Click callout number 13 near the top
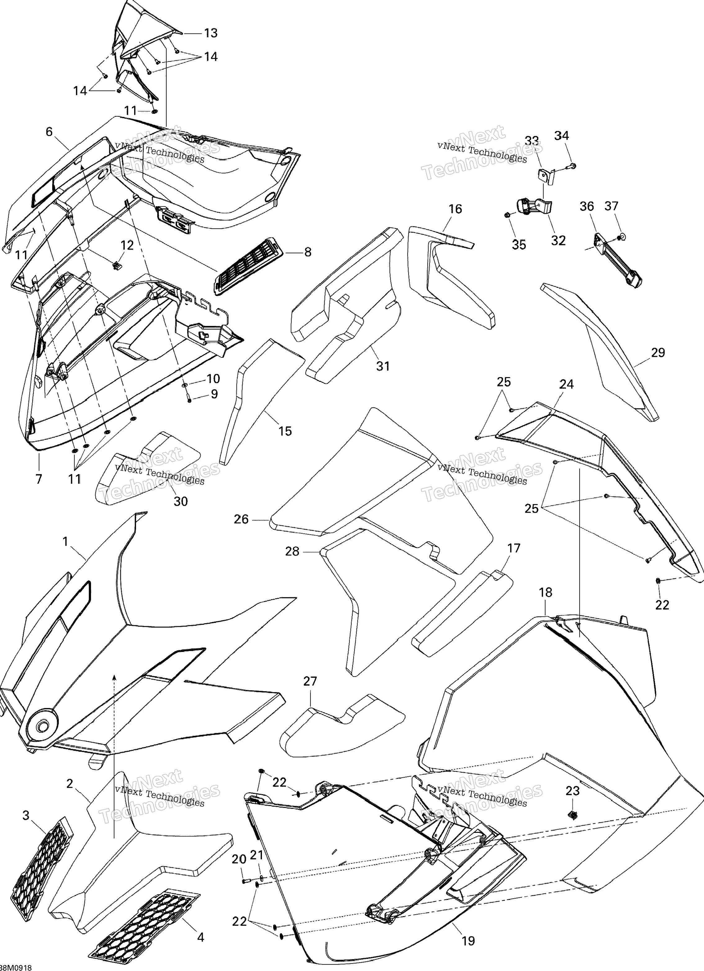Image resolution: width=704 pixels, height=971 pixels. pos(210,33)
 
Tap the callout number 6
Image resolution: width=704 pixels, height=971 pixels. pos(49,132)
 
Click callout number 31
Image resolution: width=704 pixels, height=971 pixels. pos(383,366)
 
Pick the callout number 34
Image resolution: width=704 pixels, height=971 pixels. pos(562,136)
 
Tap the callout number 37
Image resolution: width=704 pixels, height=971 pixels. pos(611,206)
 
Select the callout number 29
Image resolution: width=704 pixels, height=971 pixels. pos(658,353)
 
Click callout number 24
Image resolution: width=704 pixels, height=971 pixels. pos(566,384)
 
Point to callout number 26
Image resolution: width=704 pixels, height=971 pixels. pos(241,519)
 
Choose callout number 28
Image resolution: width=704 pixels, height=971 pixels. pos(292,551)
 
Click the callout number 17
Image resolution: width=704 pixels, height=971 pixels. pos(513,548)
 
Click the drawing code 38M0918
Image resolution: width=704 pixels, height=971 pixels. pos(16,967)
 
